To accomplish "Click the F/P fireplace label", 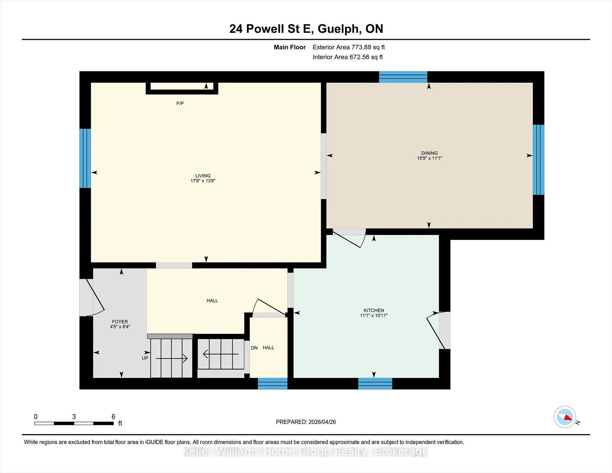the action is point(180,103).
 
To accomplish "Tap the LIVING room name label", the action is point(203,176).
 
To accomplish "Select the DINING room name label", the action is point(429,153).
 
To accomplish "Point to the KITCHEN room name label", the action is point(374,310).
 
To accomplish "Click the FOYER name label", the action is point(120,322).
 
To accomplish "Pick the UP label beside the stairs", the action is point(145,358).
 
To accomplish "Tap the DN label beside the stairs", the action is point(254,348).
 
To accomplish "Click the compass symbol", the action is point(565,417).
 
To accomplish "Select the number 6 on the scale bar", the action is point(113,417).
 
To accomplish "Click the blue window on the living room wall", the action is point(85,158).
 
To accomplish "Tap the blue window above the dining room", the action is point(403,77).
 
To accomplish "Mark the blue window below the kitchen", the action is point(375,383).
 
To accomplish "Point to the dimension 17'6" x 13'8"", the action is point(203,181).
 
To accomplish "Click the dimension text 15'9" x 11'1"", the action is point(429,158).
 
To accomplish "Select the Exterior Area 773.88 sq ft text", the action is point(349,47).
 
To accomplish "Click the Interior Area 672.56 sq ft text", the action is point(348,57).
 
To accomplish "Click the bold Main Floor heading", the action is point(290,47).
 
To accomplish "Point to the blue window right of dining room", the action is point(538,160).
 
